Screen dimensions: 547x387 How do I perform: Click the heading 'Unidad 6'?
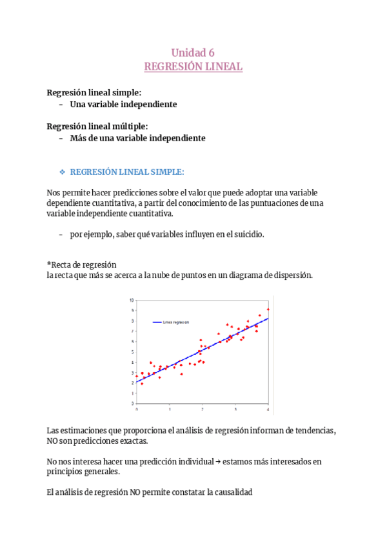(193, 53)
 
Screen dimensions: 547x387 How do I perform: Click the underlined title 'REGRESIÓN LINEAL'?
(193, 66)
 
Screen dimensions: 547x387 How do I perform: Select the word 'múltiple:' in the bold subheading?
(129, 126)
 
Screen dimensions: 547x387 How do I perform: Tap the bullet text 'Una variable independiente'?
(123, 104)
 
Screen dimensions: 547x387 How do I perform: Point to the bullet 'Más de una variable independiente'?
(137, 138)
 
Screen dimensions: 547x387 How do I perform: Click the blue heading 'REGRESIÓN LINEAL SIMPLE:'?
(126, 172)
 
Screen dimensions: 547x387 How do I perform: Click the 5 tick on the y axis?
(132, 352)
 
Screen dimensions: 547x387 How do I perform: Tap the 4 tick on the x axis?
(268, 409)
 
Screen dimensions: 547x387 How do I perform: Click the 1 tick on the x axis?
(169, 409)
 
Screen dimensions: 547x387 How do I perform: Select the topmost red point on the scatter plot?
(268, 310)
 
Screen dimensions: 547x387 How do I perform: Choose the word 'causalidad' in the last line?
(233, 492)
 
